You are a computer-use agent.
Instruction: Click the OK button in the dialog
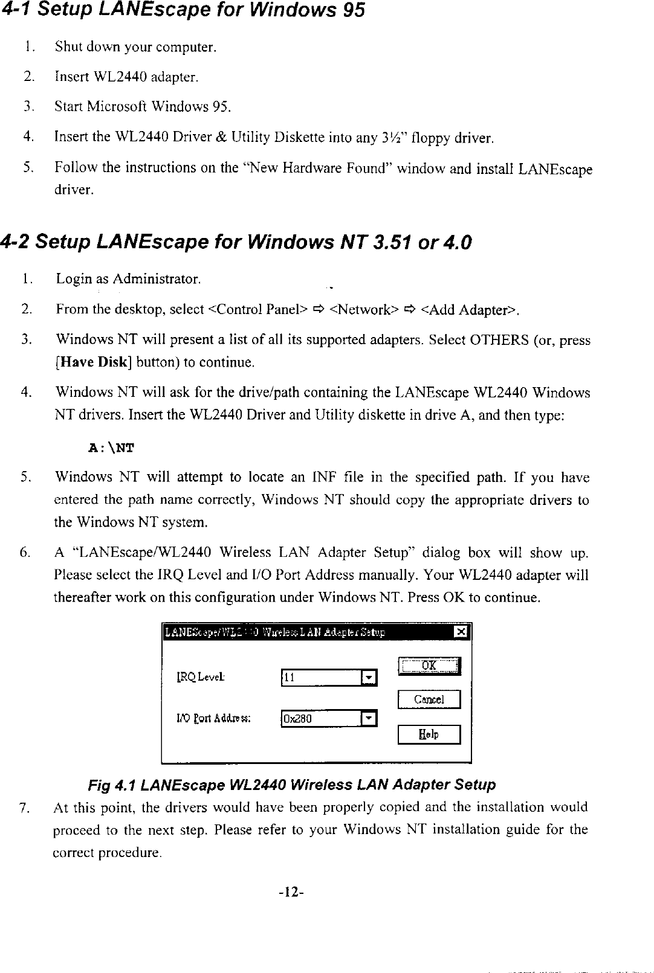pos(429,666)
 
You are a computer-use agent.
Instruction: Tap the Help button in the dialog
pos(429,734)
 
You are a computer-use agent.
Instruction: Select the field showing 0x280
pos(320,719)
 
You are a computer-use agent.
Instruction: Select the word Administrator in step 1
pos(155,279)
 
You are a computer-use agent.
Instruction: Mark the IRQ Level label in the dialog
pos(199,677)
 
